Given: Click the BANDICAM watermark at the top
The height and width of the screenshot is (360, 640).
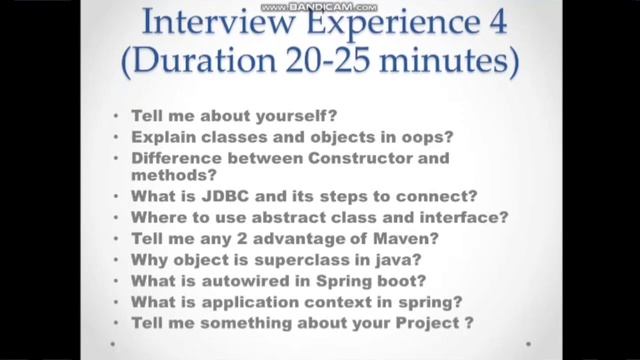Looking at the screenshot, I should click(x=320, y=8).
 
